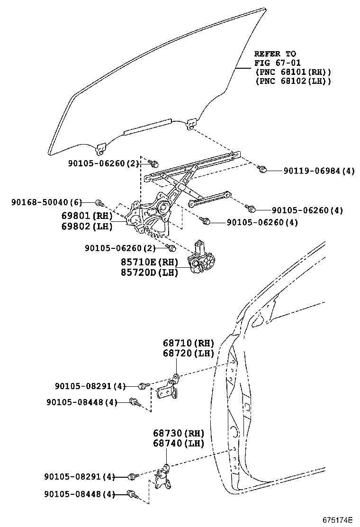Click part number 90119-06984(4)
pyautogui.click(x=319, y=171)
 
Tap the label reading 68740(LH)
pyautogui.click(x=178, y=444)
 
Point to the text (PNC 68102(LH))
pyautogui.click(x=293, y=81)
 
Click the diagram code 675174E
pyautogui.click(x=338, y=519)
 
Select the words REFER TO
pyautogui.click(x=275, y=54)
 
